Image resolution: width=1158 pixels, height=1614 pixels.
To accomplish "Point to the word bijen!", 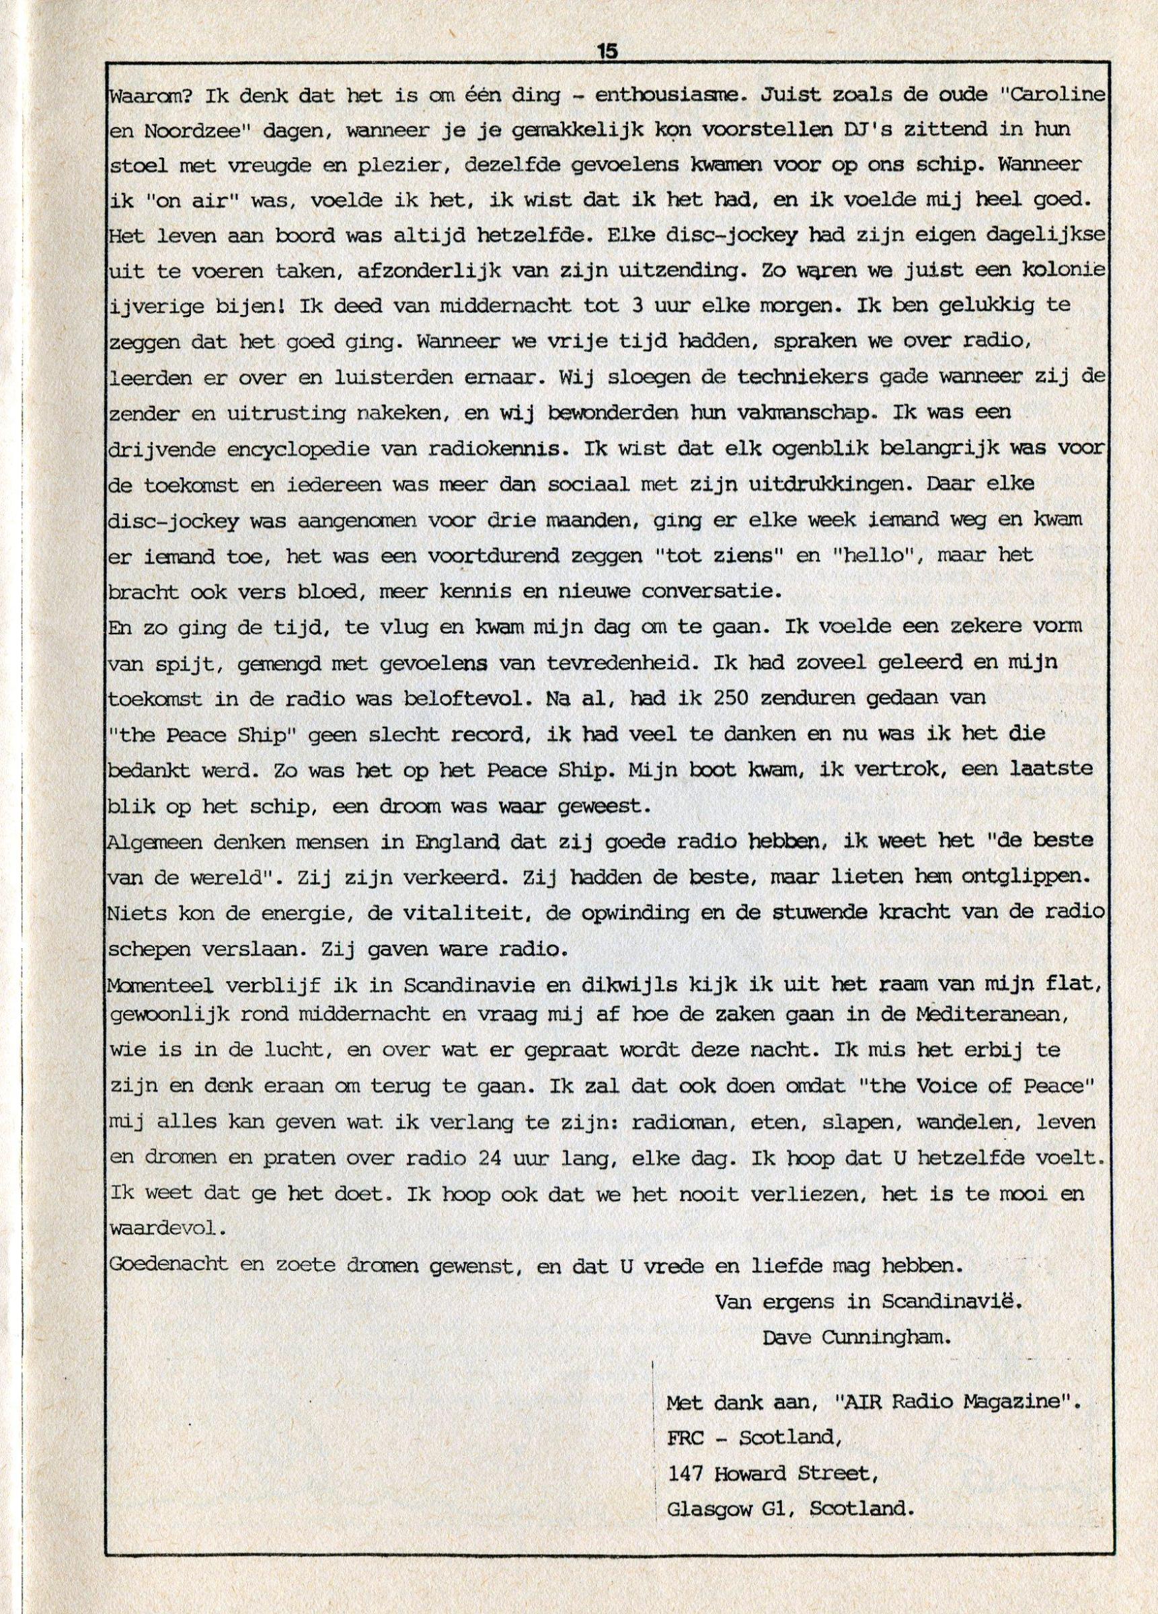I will (x=258, y=306).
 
